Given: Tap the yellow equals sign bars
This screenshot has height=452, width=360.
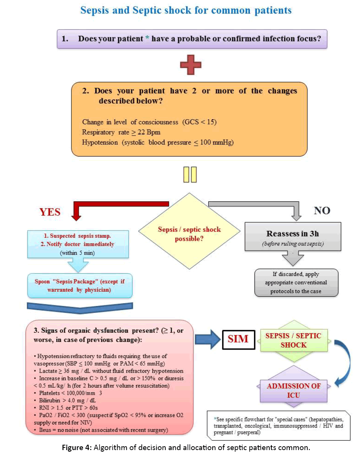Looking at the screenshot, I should pos(190,175).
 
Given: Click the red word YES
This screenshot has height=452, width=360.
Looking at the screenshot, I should pos(50,212).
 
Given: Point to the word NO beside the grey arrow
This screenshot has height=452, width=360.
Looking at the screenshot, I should pos(322,210).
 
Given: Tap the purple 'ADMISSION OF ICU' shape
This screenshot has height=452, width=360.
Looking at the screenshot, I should pos(294,390).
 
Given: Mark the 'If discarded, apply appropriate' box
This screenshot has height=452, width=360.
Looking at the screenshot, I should pos(296,283).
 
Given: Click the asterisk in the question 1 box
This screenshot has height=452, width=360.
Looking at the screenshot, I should pos(147,39).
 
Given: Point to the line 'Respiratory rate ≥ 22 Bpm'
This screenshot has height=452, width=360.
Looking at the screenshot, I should pos(121,132).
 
